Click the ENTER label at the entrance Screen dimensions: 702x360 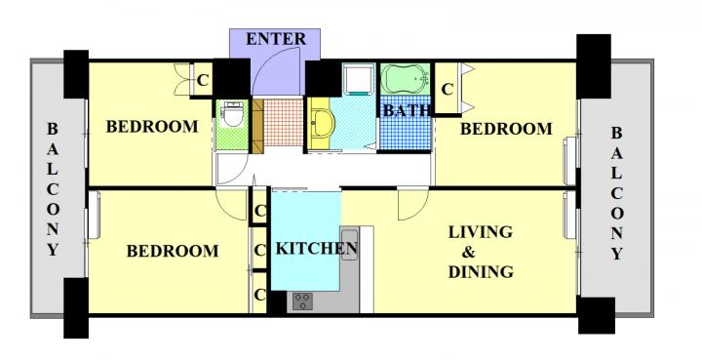pos(276,39)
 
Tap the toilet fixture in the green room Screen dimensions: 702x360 pos(232,114)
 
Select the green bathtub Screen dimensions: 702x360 pos(406,79)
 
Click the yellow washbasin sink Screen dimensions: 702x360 pos(323,123)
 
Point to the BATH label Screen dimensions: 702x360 pos(407,110)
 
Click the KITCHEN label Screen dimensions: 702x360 pos(317,248)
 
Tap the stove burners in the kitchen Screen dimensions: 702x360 pos(302,300)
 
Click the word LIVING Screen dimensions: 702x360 pos(481,232)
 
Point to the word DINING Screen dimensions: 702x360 pos(481,272)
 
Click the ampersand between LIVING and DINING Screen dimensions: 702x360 pos(468,252)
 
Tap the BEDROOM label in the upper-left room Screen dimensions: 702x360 pos(152,127)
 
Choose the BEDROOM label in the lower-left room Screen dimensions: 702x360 pos(173,251)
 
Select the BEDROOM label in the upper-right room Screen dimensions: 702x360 pos(506,129)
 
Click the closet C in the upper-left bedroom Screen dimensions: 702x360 pos(203,81)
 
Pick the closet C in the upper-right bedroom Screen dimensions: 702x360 pos(447,90)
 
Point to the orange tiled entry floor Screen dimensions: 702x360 pos(283,122)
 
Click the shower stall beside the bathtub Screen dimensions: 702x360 pos(359,78)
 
